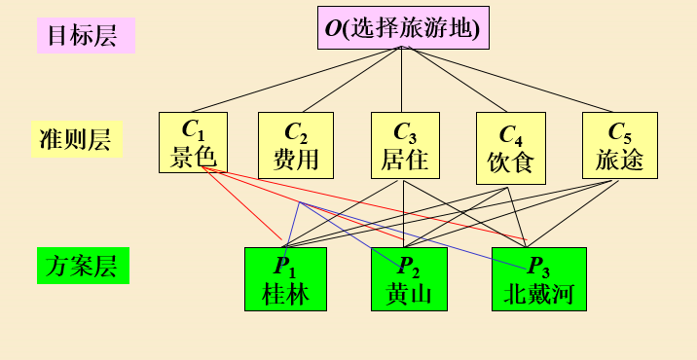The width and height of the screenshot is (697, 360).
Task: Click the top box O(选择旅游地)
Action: pyautogui.click(x=403, y=28)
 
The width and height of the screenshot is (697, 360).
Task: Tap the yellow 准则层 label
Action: pyautogui.click(x=75, y=139)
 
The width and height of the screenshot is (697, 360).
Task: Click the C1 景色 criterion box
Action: pyautogui.click(x=193, y=143)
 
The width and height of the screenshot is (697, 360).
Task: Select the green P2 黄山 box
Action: pyautogui.click(x=409, y=279)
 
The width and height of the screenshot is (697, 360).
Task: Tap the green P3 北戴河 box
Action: pyautogui.click(x=538, y=279)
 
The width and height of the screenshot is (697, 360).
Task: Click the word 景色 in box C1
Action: pyautogui.click(x=193, y=158)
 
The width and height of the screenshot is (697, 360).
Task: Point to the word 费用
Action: pyautogui.click(x=296, y=159)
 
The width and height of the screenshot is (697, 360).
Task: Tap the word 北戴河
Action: pyautogui.click(x=538, y=293)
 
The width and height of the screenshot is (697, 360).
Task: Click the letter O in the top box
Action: pyautogui.click(x=333, y=28)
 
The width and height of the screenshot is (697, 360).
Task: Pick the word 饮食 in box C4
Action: pyautogui.click(x=510, y=162)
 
